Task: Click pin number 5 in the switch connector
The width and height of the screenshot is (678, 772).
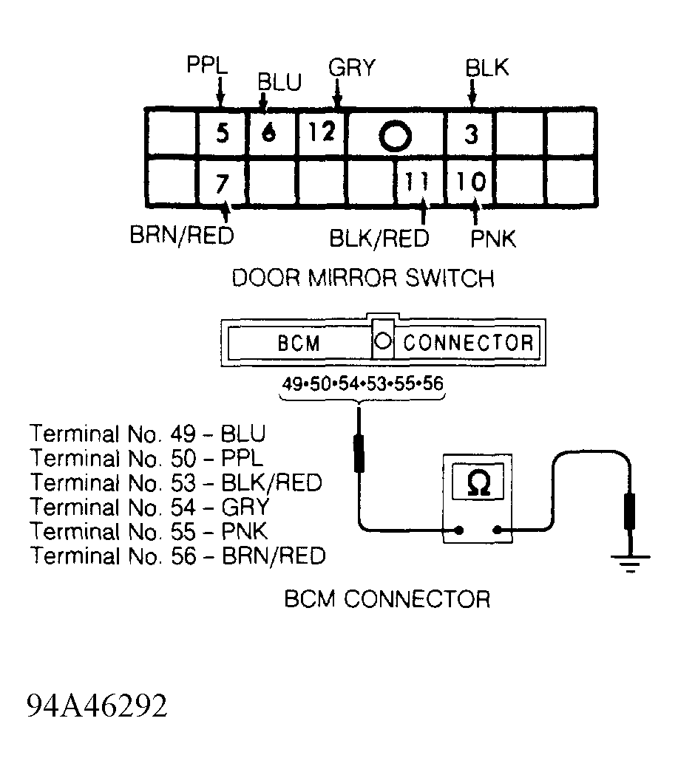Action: (x=223, y=133)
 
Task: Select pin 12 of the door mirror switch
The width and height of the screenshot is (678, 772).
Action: (x=322, y=131)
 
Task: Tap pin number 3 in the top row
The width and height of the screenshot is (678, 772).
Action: (x=472, y=134)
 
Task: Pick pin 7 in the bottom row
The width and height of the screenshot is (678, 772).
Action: (x=223, y=183)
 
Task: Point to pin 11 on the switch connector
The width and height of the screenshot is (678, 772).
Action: (x=416, y=182)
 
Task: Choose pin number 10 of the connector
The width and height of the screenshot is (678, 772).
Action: (x=471, y=181)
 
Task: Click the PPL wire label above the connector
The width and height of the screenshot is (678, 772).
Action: (x=207, y=65)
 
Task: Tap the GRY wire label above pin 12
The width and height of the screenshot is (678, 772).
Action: (x=352, y=67)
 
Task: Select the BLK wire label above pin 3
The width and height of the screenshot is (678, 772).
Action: (x=487, y=67)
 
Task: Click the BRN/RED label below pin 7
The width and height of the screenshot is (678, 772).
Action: (x=182, y=235)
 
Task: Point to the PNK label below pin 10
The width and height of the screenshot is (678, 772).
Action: (x=493, y=239)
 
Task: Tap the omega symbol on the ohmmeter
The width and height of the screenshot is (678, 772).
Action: (x=478, y=482)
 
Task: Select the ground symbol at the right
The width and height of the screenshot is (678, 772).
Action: (x=630, y=564)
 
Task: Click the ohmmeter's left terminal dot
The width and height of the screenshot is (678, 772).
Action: (x=459, y=530)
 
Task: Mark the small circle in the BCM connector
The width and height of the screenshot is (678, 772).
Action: (x=383, y=341)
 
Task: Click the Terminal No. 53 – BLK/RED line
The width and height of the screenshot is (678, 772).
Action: (x=177, y=482)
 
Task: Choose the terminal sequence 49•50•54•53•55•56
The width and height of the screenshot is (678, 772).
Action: (x=362, y=383)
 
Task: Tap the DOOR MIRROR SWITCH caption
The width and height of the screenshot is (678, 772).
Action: (x=363, y=279)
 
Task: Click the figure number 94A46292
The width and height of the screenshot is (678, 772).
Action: (x=97, y=706)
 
